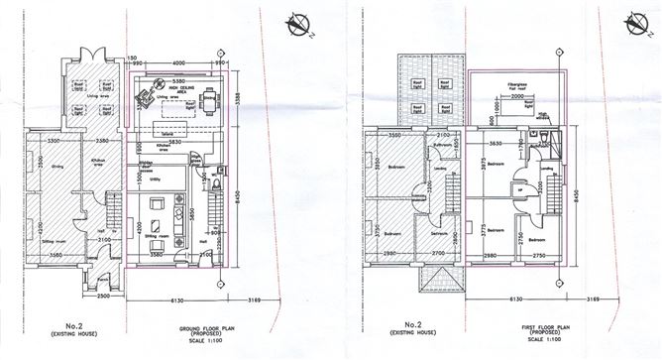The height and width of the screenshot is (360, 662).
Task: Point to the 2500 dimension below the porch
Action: pyautogui.click(x=104, y=295)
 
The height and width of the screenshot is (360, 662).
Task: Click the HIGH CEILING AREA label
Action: pyautogui.click(x=185, y=88)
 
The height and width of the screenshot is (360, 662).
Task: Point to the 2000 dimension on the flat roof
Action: pyautogui.click(x=516, y=112)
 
